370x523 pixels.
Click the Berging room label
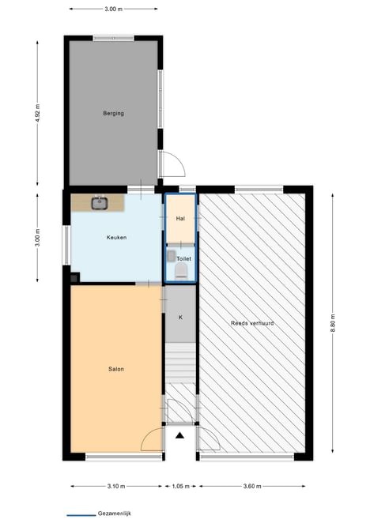tap(114, 114)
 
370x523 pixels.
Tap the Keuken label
tap(116, 238)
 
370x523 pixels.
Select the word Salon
tap(116, 369)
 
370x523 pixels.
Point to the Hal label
tap(180, 219)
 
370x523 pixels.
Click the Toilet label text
tap(184, 259)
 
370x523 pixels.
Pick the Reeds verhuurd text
tap(252, 323)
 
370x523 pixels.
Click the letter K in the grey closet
tap(180, 318)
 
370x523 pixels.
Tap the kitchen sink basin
tap(100, 203)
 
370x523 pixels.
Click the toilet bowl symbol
tap(182, 270)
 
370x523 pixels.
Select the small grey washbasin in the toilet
tap(172, 256)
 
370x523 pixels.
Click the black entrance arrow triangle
tap(180, 435)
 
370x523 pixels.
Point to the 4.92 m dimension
tap(38, 113)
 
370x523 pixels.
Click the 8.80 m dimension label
tap(333, 323)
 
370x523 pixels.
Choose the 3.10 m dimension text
tap(116, 486)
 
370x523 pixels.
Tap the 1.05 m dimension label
tap(180, 486)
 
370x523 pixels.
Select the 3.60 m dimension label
tap(252, 486)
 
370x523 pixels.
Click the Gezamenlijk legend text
tap(114, 514)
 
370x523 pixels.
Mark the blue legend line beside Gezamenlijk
tap(81, 515)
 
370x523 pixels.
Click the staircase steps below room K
tap(180, 363)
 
